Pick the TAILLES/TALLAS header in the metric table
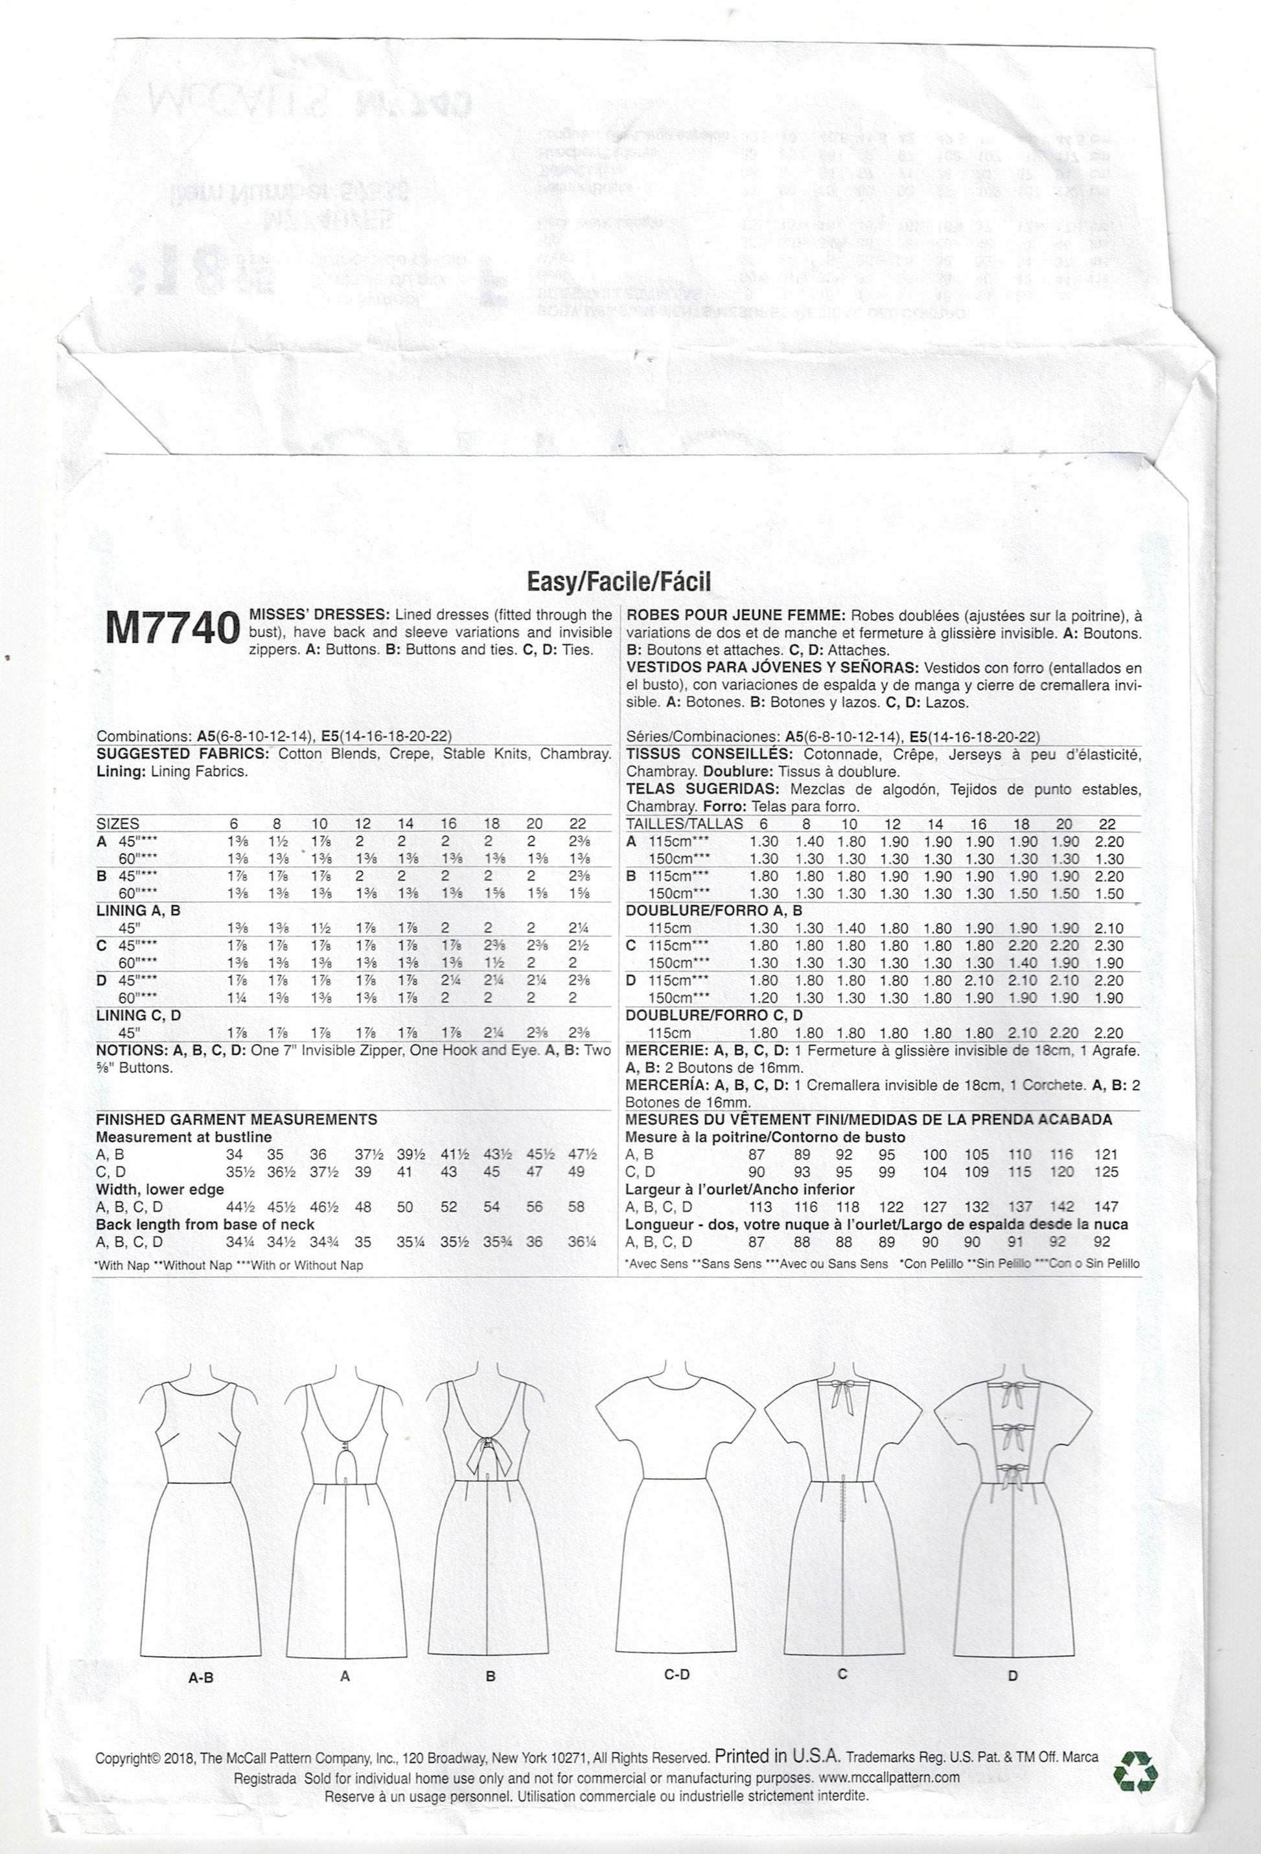pos(685,824)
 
